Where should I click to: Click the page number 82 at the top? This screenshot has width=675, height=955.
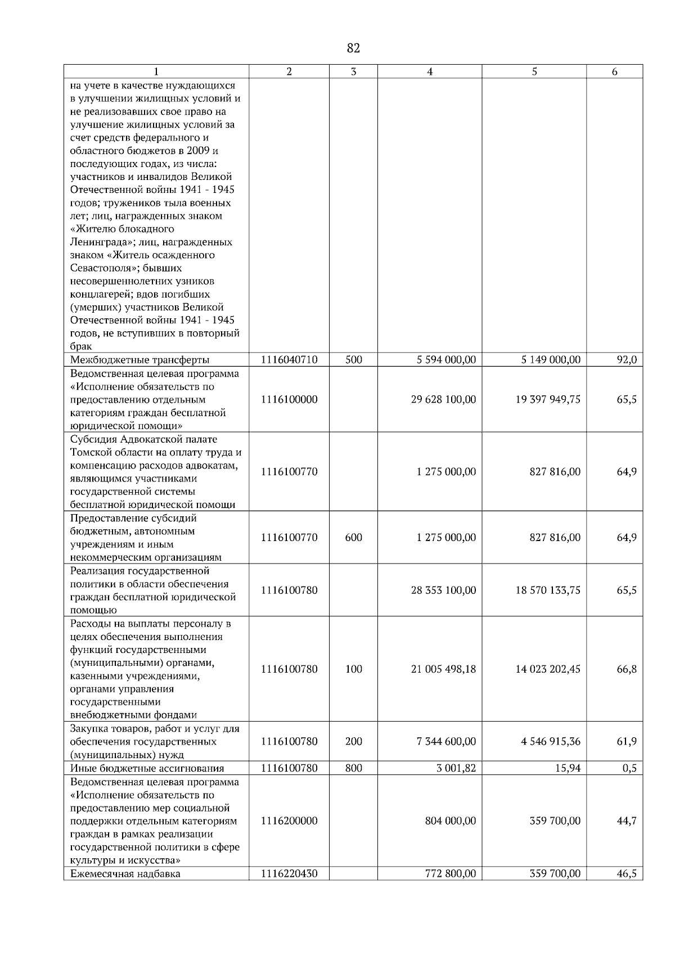coord(353,48)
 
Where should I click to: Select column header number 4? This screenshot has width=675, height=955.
coord(430,71)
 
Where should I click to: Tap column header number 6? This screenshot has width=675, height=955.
coord(614,71)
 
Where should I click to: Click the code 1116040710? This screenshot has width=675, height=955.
coord(289,359)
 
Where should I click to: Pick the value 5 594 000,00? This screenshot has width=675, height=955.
coord(446,359)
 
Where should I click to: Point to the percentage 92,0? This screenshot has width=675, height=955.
coord(627,359)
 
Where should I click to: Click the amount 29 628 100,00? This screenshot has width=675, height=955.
coord(443,399)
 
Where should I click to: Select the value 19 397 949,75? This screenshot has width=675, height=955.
coord(548,399)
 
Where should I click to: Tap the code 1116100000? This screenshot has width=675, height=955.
coord(289,399)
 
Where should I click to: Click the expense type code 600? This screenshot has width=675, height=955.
coord(353,537)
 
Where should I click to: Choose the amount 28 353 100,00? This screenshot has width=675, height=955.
coord(443,590)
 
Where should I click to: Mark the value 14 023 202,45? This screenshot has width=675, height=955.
coord(548,669)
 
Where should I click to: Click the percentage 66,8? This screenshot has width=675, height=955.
coord(627,669)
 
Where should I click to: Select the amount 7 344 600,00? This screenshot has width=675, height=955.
coord(446,741)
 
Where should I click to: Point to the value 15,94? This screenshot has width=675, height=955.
coord(569,768)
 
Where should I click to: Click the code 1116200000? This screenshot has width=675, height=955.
coord(289,821)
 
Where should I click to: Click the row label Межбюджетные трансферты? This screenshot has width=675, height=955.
coord(139,360)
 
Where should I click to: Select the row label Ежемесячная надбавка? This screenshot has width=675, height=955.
coord(125,874)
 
